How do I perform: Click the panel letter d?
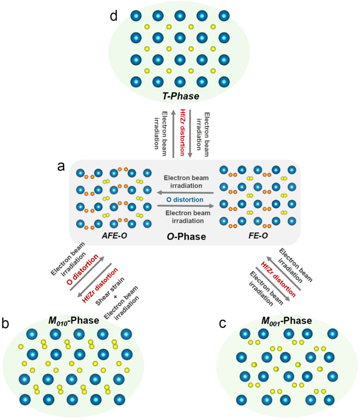point(114,16)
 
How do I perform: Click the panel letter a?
point(61,166)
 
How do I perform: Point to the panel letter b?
point(5,323)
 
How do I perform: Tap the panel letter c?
point(223,323)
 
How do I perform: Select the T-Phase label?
point(181,96)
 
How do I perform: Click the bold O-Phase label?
point(186,237)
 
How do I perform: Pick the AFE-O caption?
point(115,236)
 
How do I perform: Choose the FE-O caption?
point(258,236)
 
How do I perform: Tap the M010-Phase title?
point(74,321)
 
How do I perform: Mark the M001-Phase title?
point(287,321)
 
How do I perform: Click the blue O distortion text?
point(185,199)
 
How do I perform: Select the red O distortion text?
point(82,270)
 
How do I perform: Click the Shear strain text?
point(110,291)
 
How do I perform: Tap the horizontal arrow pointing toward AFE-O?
point(185,192)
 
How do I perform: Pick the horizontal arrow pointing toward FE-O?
point(185,206)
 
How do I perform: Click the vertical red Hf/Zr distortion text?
point(182,132)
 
